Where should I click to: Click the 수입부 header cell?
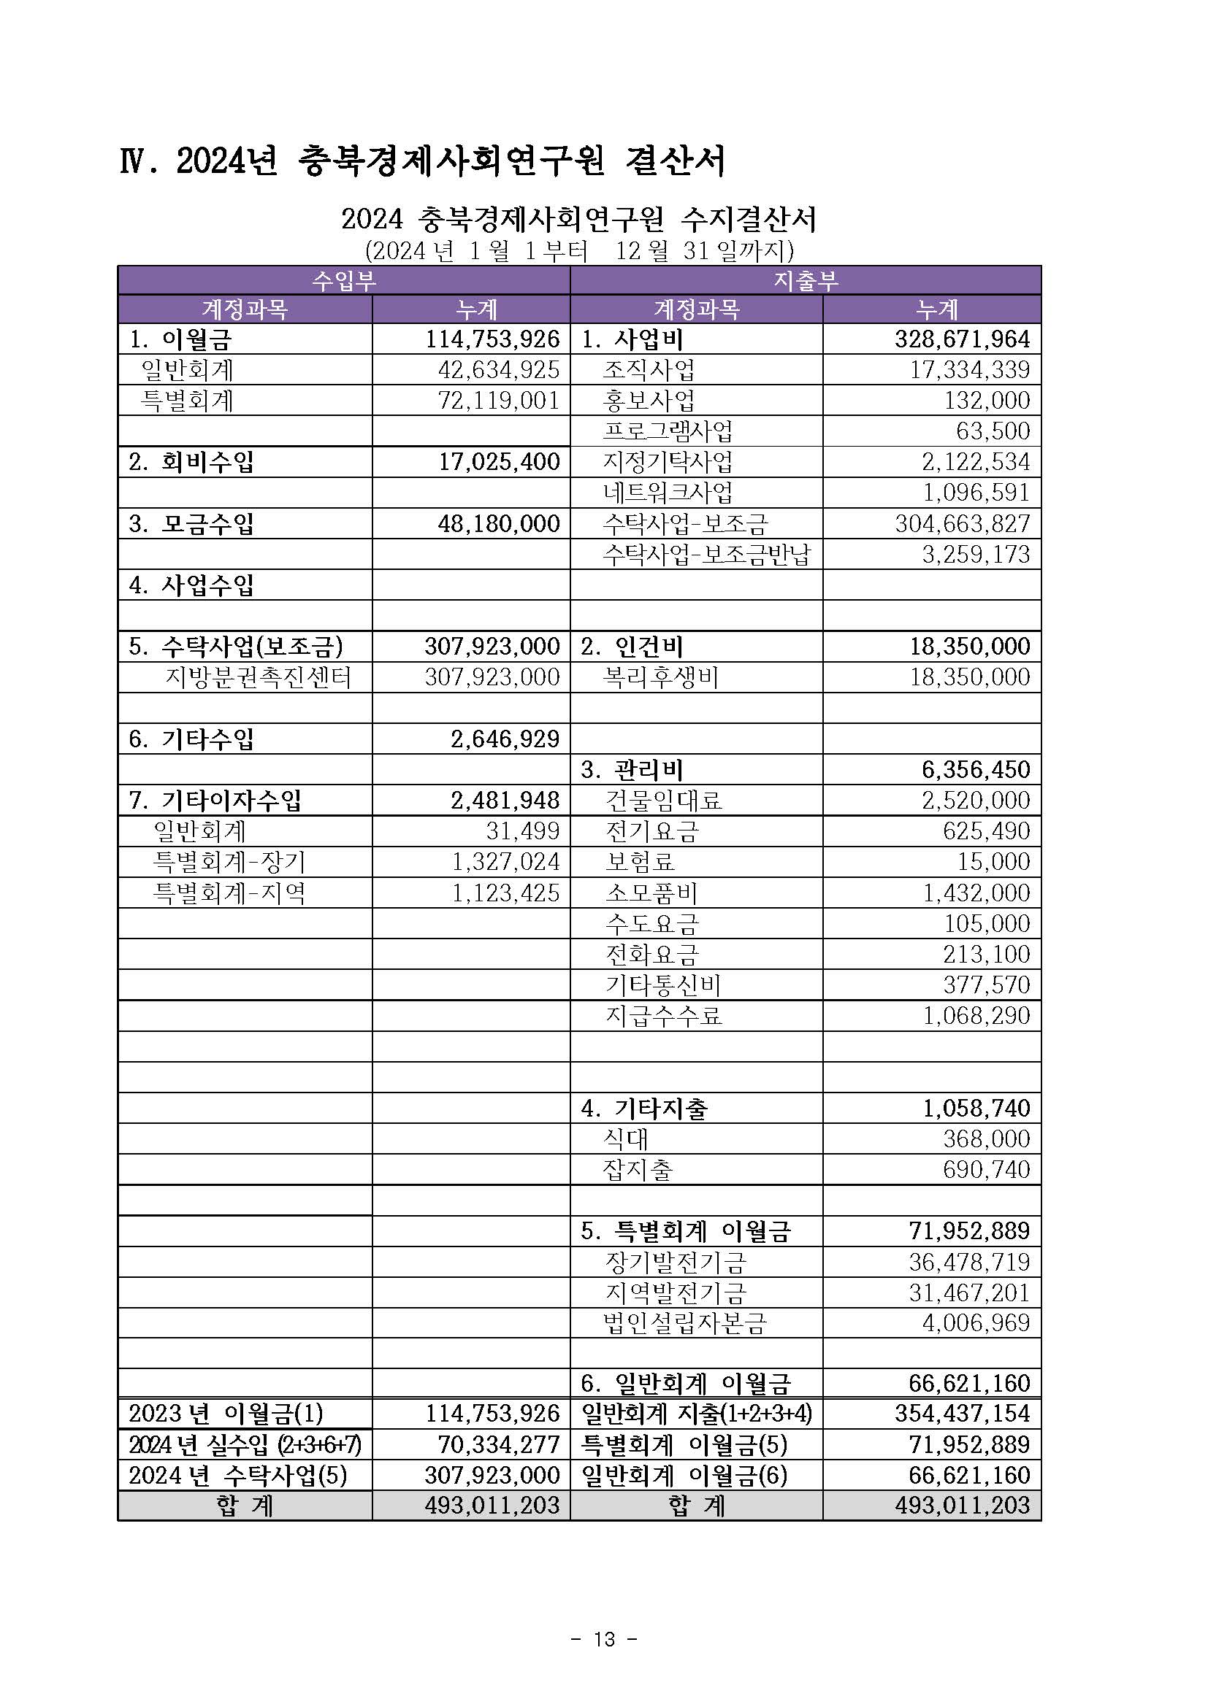(344, 280)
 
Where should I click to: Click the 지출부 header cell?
(806, 280)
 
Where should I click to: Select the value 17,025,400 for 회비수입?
(498, 462)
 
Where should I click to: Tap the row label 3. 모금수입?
(191, 524)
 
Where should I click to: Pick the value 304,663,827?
(963, 524)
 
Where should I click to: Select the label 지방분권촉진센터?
(257, 677)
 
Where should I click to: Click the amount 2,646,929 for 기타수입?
(505, 739)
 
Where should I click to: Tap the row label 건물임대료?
(663, 801)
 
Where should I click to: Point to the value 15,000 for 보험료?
(993, 862)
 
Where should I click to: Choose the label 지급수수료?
(663, 1016)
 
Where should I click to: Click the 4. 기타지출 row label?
(644, 1109)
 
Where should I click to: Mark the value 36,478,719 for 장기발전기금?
(968, 1262)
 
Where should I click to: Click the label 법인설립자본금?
(684, 1322)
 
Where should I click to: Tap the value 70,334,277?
(498, 1444)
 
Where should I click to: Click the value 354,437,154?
(963, 1414)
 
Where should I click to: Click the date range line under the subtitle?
(578, 250)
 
